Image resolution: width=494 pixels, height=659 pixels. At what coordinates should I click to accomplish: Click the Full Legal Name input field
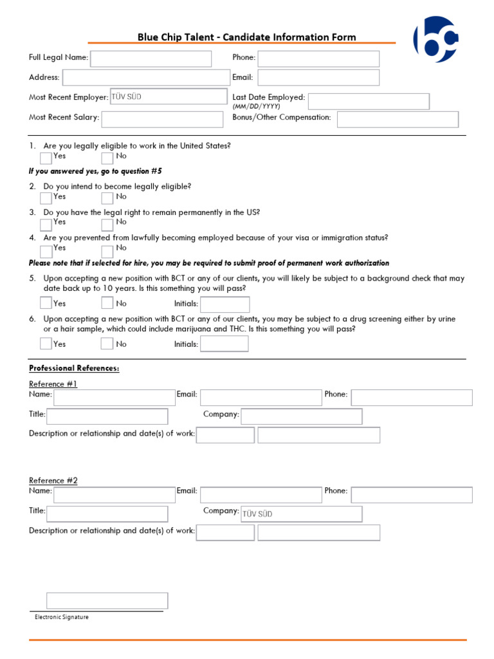coord(151,59)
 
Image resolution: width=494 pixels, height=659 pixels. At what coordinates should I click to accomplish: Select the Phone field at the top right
coord(318,59)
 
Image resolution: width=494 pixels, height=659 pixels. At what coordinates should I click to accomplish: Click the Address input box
coord(145,78)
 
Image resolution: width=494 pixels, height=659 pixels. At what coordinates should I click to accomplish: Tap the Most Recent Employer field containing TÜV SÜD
coord(169,97)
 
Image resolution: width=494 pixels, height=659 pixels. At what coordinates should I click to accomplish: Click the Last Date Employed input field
coord(369,101)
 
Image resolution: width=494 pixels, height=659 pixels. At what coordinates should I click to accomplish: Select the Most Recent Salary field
coord(161,119)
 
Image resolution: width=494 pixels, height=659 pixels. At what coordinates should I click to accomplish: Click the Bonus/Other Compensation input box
coord(398,119)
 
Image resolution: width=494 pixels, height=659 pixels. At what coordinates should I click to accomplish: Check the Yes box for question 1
coord(46,158)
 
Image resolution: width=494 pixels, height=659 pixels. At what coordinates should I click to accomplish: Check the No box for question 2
coord(107,198)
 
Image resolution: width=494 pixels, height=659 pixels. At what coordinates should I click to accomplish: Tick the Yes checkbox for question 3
coord(46,224)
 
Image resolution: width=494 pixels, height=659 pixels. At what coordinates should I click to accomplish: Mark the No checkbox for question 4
coord(107,250)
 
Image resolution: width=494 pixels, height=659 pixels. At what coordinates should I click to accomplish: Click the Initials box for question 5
coord(224,304)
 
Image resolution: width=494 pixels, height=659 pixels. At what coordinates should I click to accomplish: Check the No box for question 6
coord(107,344)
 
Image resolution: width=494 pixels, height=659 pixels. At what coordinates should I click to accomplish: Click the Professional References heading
coord(74,369)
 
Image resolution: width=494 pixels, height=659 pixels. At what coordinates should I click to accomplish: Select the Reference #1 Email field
coord(261,397)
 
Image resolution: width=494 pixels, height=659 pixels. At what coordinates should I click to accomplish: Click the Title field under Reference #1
coord(107,416)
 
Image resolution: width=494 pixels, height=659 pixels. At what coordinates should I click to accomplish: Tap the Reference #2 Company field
coord(301,514)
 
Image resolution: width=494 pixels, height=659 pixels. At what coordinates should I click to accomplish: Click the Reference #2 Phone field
coord(412,494)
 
